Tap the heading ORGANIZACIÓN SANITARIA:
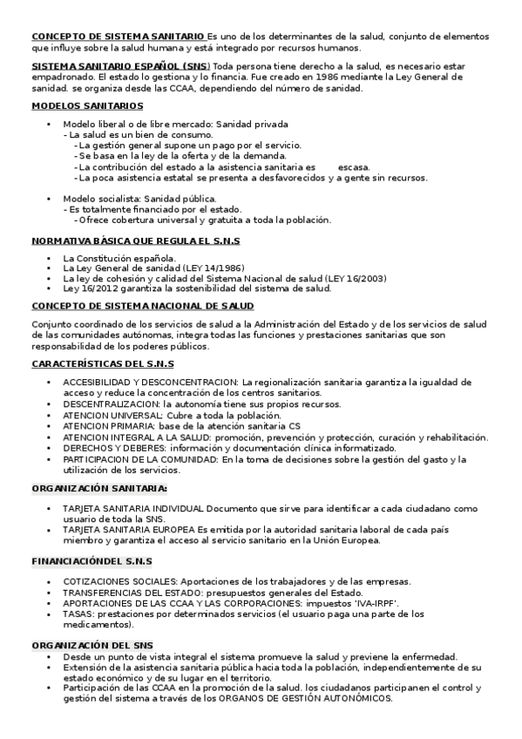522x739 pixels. (99, 489)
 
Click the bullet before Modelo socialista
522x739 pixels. (50, 199)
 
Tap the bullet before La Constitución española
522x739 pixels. (50, 258)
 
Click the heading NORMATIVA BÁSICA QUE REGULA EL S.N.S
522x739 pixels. (135, 240)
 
